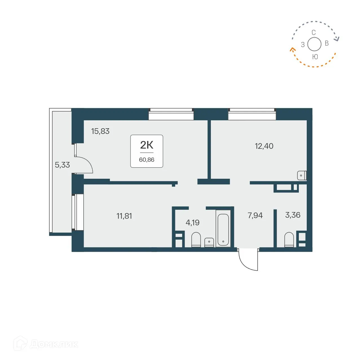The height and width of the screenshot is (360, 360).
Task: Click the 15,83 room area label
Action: coord(100,131)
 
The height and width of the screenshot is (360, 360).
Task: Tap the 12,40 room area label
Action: coord(264,146)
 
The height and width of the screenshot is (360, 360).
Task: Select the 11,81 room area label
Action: coord(124,216)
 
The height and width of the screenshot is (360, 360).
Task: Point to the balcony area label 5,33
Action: coord(62,165)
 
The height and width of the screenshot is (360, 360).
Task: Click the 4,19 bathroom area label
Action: coord(192,223)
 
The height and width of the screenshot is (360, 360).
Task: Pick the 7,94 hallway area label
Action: coord(255,215)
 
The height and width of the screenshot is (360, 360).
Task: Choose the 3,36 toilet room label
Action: coord(293,215)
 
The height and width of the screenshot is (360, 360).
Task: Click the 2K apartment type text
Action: coord(147,145)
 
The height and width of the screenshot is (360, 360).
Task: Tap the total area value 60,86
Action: coord(147,160)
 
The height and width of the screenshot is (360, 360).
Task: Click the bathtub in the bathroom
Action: coord(223,230)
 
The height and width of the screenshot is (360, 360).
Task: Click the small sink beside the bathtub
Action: coord(209,242)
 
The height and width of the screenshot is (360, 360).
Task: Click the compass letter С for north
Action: coord(313,33)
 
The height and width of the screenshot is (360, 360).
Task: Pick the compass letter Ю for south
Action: coord(315,57)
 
